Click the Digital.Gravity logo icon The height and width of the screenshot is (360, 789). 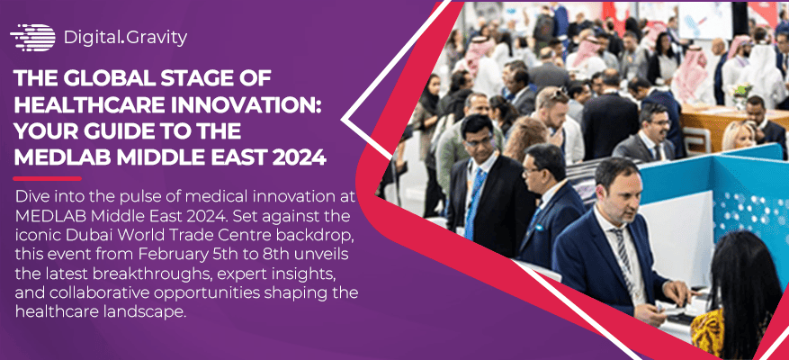click(32, 37)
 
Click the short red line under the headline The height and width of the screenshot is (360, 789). click(45, 178)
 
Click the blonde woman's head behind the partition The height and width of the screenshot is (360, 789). click(738, 134)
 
